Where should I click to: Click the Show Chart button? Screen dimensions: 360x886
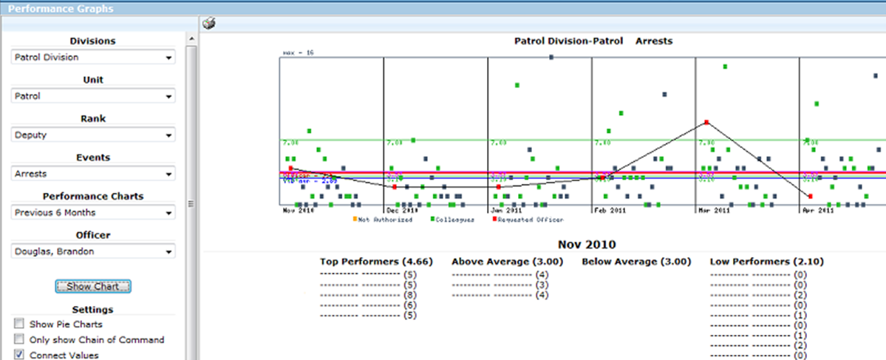tap(92, 286)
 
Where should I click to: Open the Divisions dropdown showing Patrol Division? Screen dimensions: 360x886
tap(93, 57)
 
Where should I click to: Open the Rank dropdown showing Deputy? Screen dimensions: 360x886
tap(93, 135)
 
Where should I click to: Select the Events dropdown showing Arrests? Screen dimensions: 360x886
tap(93, 174)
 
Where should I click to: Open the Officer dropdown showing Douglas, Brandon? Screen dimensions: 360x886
tap(93, 251)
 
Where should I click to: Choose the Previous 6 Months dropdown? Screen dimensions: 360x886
tap(93, 213)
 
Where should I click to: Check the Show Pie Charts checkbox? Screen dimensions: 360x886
tap(18, 324)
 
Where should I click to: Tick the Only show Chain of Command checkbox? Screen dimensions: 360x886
tap(18, 339)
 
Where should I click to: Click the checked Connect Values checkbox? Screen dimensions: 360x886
tap(18, 355)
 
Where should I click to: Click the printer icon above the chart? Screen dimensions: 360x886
tap(209, 24)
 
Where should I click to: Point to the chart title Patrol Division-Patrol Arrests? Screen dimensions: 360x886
tap(593, 41)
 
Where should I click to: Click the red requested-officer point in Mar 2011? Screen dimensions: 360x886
tap(706, 122)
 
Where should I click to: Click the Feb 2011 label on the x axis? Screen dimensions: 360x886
tap(610, 211)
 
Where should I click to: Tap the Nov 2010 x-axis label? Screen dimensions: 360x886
tap(299, 211)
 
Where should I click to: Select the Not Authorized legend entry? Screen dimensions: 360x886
tap(382, 220)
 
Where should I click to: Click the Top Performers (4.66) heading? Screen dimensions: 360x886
tap(376, 262)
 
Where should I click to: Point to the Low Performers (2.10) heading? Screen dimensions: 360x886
tap(766, 262)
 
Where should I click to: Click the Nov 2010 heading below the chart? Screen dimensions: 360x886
tap(586, 244)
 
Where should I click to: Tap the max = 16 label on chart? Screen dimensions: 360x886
tap(299, 53)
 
